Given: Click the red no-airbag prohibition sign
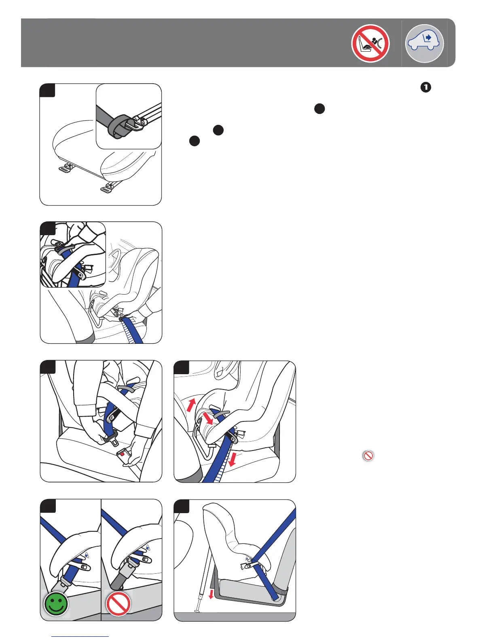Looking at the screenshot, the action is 370,43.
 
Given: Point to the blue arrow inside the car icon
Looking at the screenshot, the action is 428,38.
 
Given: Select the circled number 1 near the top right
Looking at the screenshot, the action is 425,87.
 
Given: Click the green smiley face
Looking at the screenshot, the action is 56,604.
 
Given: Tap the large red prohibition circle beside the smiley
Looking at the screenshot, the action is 118,604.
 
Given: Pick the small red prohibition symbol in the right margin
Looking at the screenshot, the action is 368,456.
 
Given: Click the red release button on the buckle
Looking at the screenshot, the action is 122,454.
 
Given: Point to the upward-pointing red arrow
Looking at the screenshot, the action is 191,405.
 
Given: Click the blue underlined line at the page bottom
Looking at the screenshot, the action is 80,636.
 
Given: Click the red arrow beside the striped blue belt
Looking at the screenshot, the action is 232,459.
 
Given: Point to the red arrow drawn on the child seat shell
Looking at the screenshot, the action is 208,418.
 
